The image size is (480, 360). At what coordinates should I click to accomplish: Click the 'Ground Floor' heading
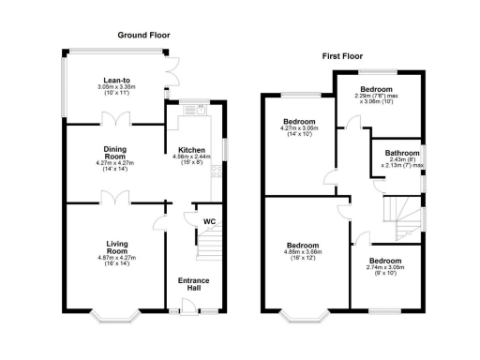pyautogui.click(x=142, y=36)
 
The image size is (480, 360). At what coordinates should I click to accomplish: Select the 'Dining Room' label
pyautogui.click(x=114, y=153)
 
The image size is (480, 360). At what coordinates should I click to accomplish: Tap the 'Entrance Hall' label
pyautogui.click(x=193, y=284)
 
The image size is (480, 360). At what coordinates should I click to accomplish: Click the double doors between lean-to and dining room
pyautogui.click(x=115, y=120)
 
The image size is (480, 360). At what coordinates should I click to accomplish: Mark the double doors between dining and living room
pyautogui.click(x=115, y=198)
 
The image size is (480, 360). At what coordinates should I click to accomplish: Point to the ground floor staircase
pyautogui.click(x=207, y=247)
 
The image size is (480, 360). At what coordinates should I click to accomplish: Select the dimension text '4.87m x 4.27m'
pyautogui.click(x=116, y=258)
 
